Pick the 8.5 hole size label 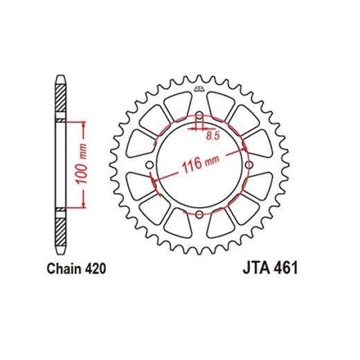213,136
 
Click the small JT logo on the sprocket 199,88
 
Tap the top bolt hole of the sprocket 199,116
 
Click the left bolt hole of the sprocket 150,164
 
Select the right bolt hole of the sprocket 248,164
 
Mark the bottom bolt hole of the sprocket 199,213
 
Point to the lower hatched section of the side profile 60,228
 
